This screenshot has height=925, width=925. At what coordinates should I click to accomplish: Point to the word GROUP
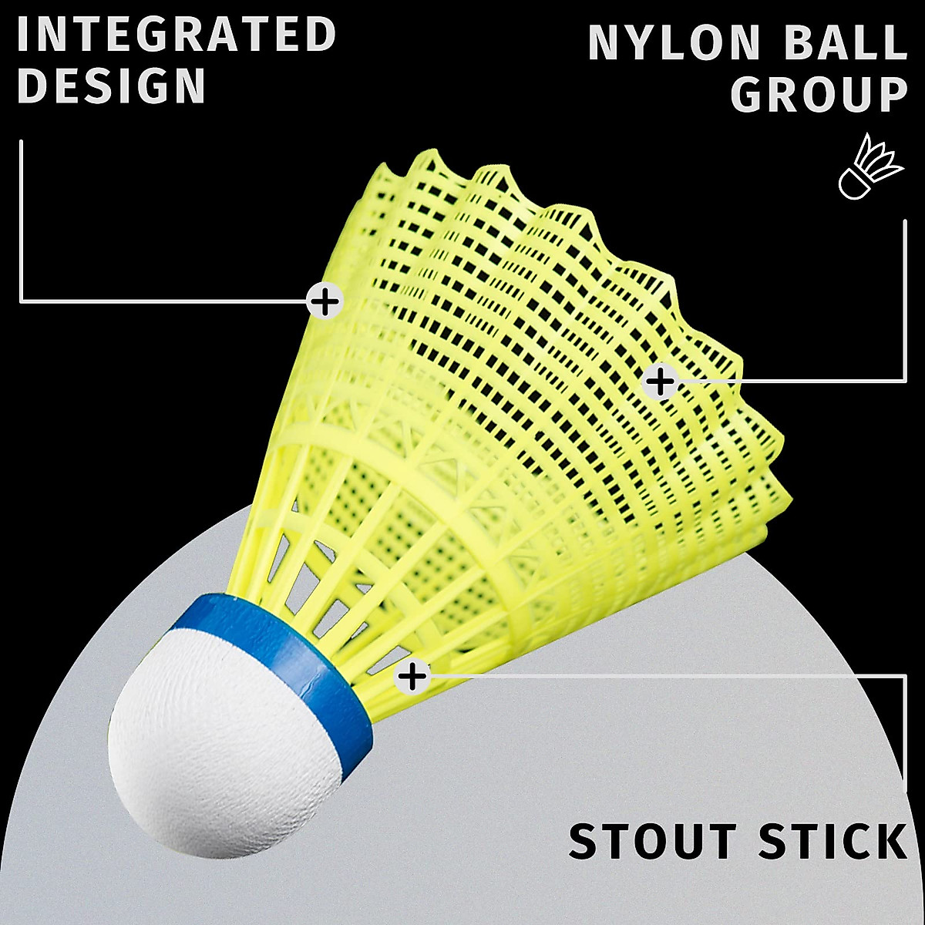click(819, 96)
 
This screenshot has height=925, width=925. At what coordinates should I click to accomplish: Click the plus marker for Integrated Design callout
click(325, 301)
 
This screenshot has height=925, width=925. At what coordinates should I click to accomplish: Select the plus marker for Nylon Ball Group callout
click(660, 380)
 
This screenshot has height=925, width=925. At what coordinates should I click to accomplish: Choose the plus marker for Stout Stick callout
click(412, 677)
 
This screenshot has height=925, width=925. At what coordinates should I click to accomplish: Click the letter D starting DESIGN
click(32, 86)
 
